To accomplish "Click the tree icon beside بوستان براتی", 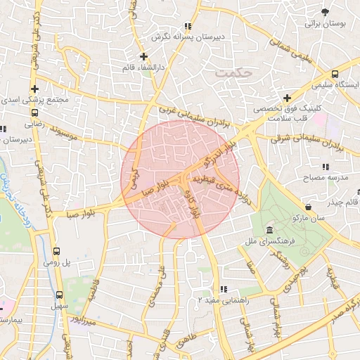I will (324, 12).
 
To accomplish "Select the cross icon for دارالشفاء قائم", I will (143, 56).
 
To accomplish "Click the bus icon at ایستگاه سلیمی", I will (335, 73).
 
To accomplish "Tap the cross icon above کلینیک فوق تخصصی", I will (287, 98).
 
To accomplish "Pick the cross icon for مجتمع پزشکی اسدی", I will (34, 89).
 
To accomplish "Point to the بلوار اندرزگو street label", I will (215, 156).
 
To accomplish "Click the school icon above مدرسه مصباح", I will (325, 167).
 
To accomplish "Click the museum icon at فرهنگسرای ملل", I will (270, 231).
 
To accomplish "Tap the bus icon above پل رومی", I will (56, 251).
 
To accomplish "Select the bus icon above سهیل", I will (59, 295).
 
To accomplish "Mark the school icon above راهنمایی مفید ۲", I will (222, 289).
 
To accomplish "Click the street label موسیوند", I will (78, 132).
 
